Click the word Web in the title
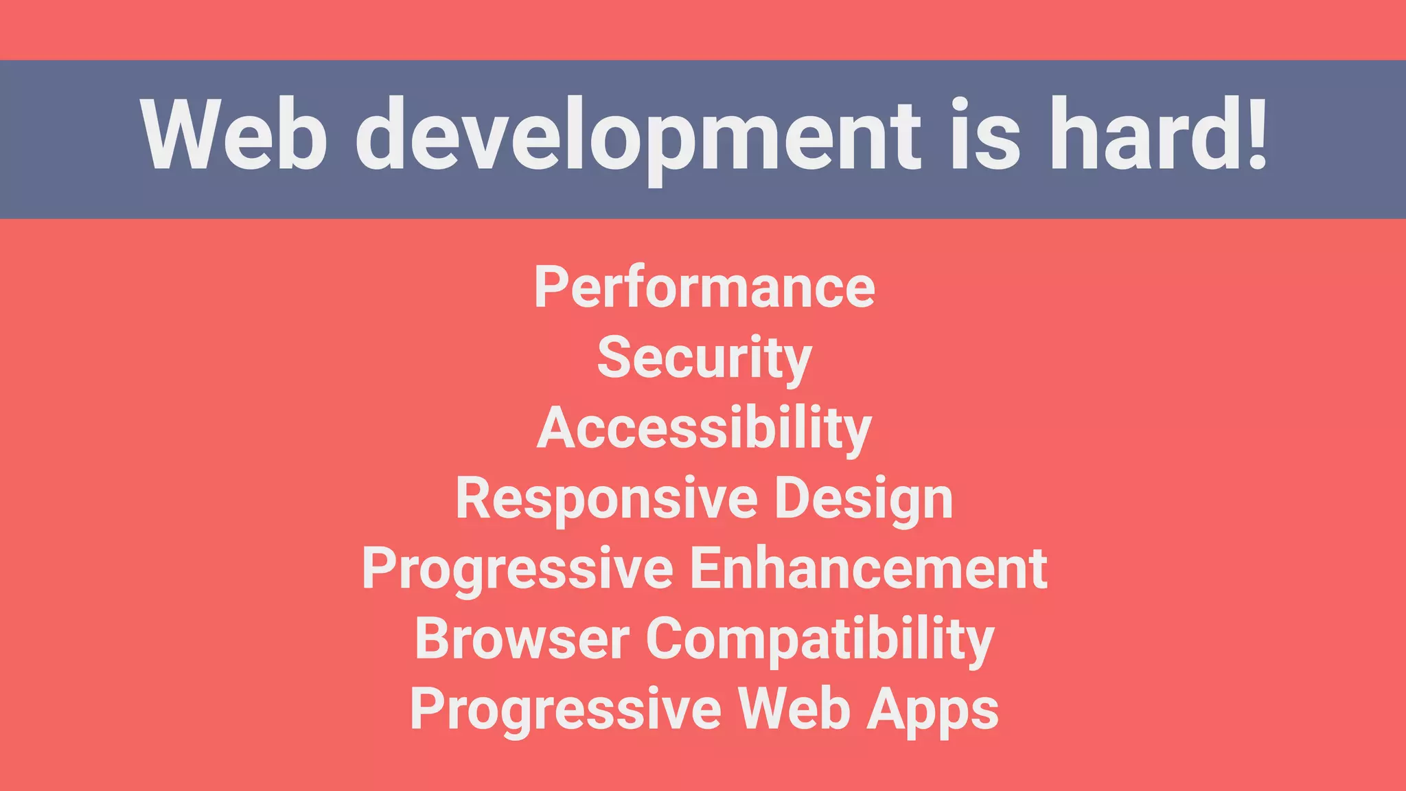pyautogui.click(x=233, y=135)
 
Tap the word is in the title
pyautogui.click(x=984, y=135)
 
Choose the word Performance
pyautogui.click(x=704, y=287)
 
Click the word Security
pyautogui.click(x=704, y=358)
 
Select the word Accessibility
pyautogui.click(x=704, y=428)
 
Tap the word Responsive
pyautogui.click(x=606, y=498)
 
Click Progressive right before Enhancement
pyautogui.click(x=518, y=569)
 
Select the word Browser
pyautogui.click(x=522, y=639)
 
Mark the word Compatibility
pyautogui.click(x=820, y=639)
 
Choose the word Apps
pyautogui.click(x=932, y=710)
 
